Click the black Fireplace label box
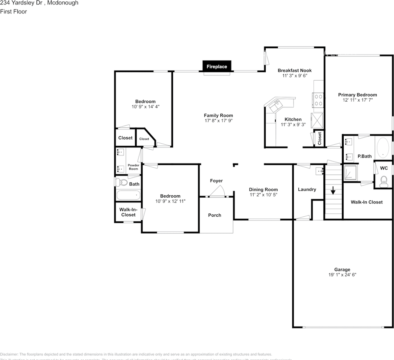click(217, 66)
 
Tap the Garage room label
click(342, 269)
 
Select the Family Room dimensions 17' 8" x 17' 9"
click(218, 121)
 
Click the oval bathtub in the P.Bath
click(383, 148)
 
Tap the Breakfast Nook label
click(295, 70)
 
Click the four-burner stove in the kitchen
click(318, 100)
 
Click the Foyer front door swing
click(217, 192)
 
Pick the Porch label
click(215, 215)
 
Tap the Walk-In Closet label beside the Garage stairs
click(367, 202)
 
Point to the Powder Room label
click(134, 167)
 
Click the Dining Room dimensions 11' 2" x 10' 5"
click(263, 195)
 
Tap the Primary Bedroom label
click(357, 95)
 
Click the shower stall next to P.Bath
click(351, 173)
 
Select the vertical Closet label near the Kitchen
click(320, 139)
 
